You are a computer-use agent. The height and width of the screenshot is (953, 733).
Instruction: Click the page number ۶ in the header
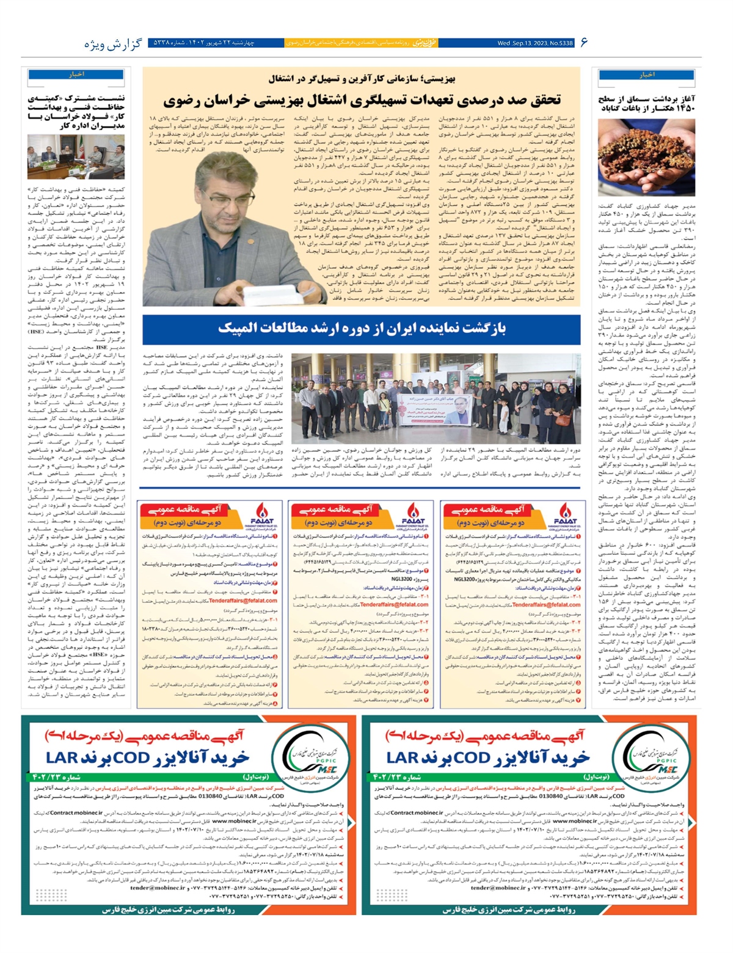pos(583,42)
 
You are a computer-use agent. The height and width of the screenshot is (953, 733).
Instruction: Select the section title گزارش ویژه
pos(113,44)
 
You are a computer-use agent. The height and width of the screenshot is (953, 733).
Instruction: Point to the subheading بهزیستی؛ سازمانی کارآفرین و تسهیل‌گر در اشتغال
pos(362,79)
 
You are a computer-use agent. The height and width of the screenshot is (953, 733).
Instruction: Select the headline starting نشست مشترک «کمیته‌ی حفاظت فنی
pos(76,111)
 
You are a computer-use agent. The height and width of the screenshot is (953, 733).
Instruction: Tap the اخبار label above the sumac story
pos(646,75)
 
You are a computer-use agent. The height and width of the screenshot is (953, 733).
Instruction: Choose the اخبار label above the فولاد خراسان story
pos(76,75)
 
